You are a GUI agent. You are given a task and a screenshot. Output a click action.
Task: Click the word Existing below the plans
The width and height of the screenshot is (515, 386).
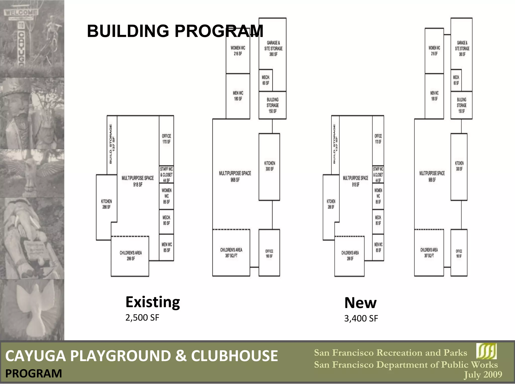tap(153, 302)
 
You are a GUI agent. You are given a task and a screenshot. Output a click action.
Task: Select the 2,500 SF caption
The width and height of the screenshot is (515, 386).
tap(142, 318)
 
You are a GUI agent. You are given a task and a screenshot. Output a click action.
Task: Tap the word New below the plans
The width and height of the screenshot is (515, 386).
tap(360, 303)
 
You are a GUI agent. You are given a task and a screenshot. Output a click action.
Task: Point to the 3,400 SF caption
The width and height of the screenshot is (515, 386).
tap(361, 318)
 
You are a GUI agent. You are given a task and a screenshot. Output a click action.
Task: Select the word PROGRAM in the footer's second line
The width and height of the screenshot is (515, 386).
tap(33, 373)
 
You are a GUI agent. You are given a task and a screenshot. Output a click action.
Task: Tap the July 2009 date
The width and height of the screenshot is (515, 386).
tap(483, 374)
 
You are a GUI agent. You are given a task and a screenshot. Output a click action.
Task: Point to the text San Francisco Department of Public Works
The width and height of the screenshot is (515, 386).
tap(406, 365)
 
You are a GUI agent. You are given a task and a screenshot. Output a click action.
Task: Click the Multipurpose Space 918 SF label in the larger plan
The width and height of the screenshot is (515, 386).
tap(138, 181)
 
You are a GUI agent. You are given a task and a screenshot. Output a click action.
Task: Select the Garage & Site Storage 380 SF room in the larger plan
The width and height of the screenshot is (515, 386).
tap(273, 48)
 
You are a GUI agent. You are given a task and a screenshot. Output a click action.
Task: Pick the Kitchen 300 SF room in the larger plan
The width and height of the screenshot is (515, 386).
tap(269, 166)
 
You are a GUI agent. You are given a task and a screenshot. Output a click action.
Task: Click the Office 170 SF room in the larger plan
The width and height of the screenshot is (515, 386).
tap(166, 139)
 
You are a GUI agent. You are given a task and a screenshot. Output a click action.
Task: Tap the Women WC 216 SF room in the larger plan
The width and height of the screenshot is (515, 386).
tap(238, 51)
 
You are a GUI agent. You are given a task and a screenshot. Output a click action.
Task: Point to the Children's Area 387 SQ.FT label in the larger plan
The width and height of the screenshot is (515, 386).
tap(231, 253)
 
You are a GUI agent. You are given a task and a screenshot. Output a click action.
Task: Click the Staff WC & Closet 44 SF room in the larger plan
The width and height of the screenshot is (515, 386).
tap(166, 174)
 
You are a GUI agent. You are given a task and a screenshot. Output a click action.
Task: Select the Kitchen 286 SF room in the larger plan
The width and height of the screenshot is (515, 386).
tap(106, 204)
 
